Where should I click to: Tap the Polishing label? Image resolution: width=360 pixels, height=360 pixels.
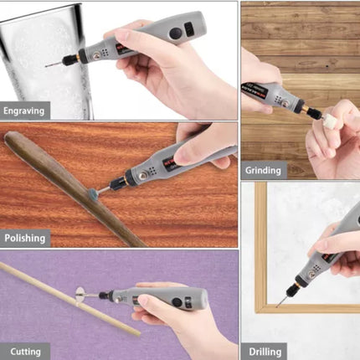[24, 238]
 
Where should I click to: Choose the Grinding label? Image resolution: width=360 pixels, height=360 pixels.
[263, 170]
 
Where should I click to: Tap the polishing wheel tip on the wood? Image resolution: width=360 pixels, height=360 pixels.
[91, 193]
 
